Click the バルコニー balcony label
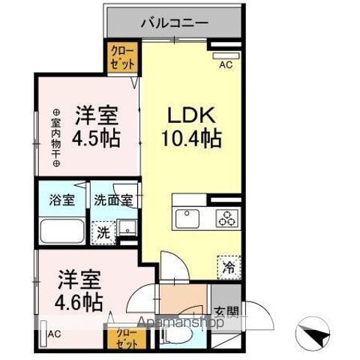point(174,23)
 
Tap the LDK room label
point(190,116)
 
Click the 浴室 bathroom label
point(62,201)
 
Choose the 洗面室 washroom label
point(113,201)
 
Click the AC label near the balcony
point(226,65)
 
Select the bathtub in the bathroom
point(62,232)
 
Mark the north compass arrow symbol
point(315,331)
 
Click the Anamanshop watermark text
point(177,324)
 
